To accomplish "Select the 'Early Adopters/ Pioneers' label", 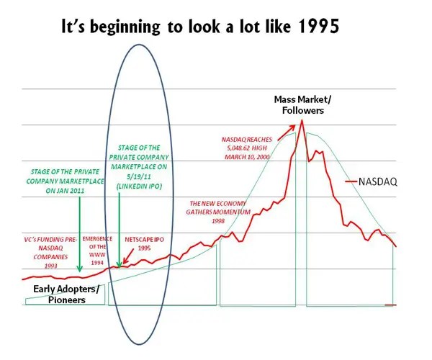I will click(x=64, y=294).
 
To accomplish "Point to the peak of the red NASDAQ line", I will click(x=302, y=120).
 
